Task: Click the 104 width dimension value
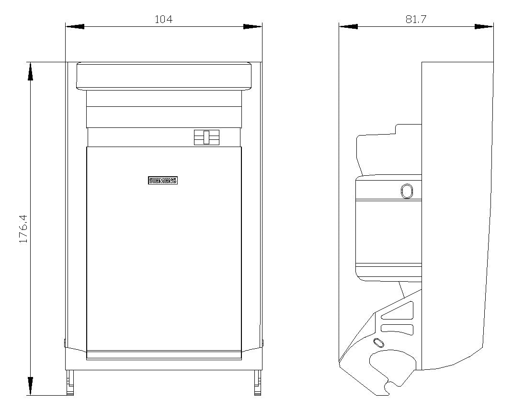pos(163,19)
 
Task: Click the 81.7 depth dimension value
pos(416,19)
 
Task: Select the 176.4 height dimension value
pos(23,229)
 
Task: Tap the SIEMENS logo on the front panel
pos(162,181)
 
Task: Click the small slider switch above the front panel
pos(206,137)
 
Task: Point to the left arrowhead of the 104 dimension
pos(75,26)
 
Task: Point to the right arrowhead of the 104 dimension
pos(252,26)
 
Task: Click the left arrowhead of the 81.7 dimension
pos(348,26)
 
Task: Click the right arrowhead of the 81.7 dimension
pos(484,26)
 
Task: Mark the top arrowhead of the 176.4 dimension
pos(31,71)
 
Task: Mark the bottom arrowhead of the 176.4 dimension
pos(31,386)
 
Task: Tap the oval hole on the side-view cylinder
pos(407,191)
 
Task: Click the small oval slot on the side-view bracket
pos(378,342)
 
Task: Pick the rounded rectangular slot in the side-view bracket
pos(397,329)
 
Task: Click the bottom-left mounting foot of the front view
pos(70,382)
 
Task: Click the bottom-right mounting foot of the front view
pos(258,382)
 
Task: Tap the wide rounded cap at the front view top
pos(164,76)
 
